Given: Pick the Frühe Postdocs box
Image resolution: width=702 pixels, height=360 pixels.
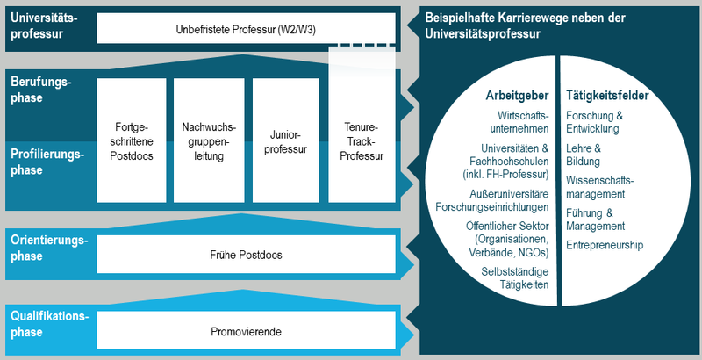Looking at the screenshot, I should [246, 255].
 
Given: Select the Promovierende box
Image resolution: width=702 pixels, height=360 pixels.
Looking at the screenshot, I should [246, 332].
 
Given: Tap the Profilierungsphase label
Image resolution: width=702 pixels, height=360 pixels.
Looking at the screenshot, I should [47, 162].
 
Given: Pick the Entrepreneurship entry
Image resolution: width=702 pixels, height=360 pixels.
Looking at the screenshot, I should [605, 245].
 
